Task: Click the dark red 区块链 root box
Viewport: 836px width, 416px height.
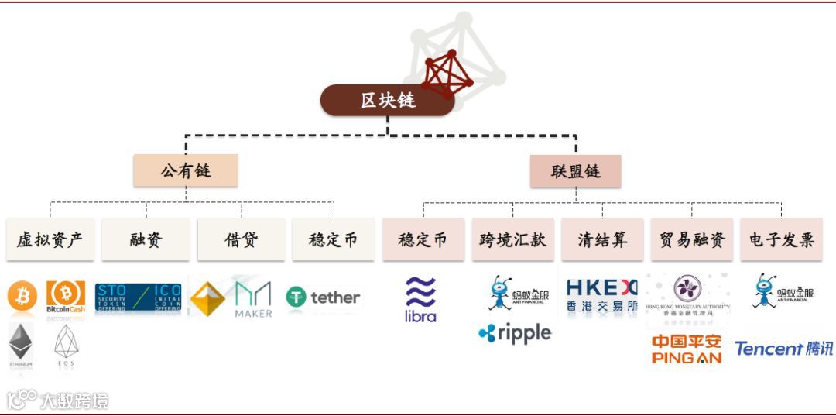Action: click(x=387, y=101)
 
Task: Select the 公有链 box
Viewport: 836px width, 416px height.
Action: click(x=186, y=170)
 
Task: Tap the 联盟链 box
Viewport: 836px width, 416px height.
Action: click(x=575, y=171)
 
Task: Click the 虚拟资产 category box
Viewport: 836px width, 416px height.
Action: click(x=50, y=239)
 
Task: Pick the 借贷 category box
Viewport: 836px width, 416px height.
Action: click(x=242, y=239)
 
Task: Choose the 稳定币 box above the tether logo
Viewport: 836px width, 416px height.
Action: click(x=334, y=239)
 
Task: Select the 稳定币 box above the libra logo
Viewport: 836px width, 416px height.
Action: click(x=423, y=239)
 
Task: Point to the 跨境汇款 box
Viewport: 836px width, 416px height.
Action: click(x=512, y=239)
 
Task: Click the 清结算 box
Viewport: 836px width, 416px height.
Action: click(x=602, y=239)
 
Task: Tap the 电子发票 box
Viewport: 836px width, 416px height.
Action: click(x=781, y=239)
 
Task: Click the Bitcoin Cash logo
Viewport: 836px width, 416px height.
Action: click(x=66, y=297)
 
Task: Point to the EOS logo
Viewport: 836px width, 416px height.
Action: click(x=67, y=346)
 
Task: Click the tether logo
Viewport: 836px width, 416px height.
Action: click(x=323, y=297)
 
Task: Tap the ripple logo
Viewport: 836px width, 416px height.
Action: click(x=515, y=333)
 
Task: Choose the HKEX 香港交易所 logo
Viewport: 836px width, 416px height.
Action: click(x=602, y=296)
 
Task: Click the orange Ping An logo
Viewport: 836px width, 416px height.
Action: click(x=687, y=349)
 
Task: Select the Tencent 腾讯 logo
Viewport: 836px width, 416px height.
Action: click(x=783, y=349)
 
